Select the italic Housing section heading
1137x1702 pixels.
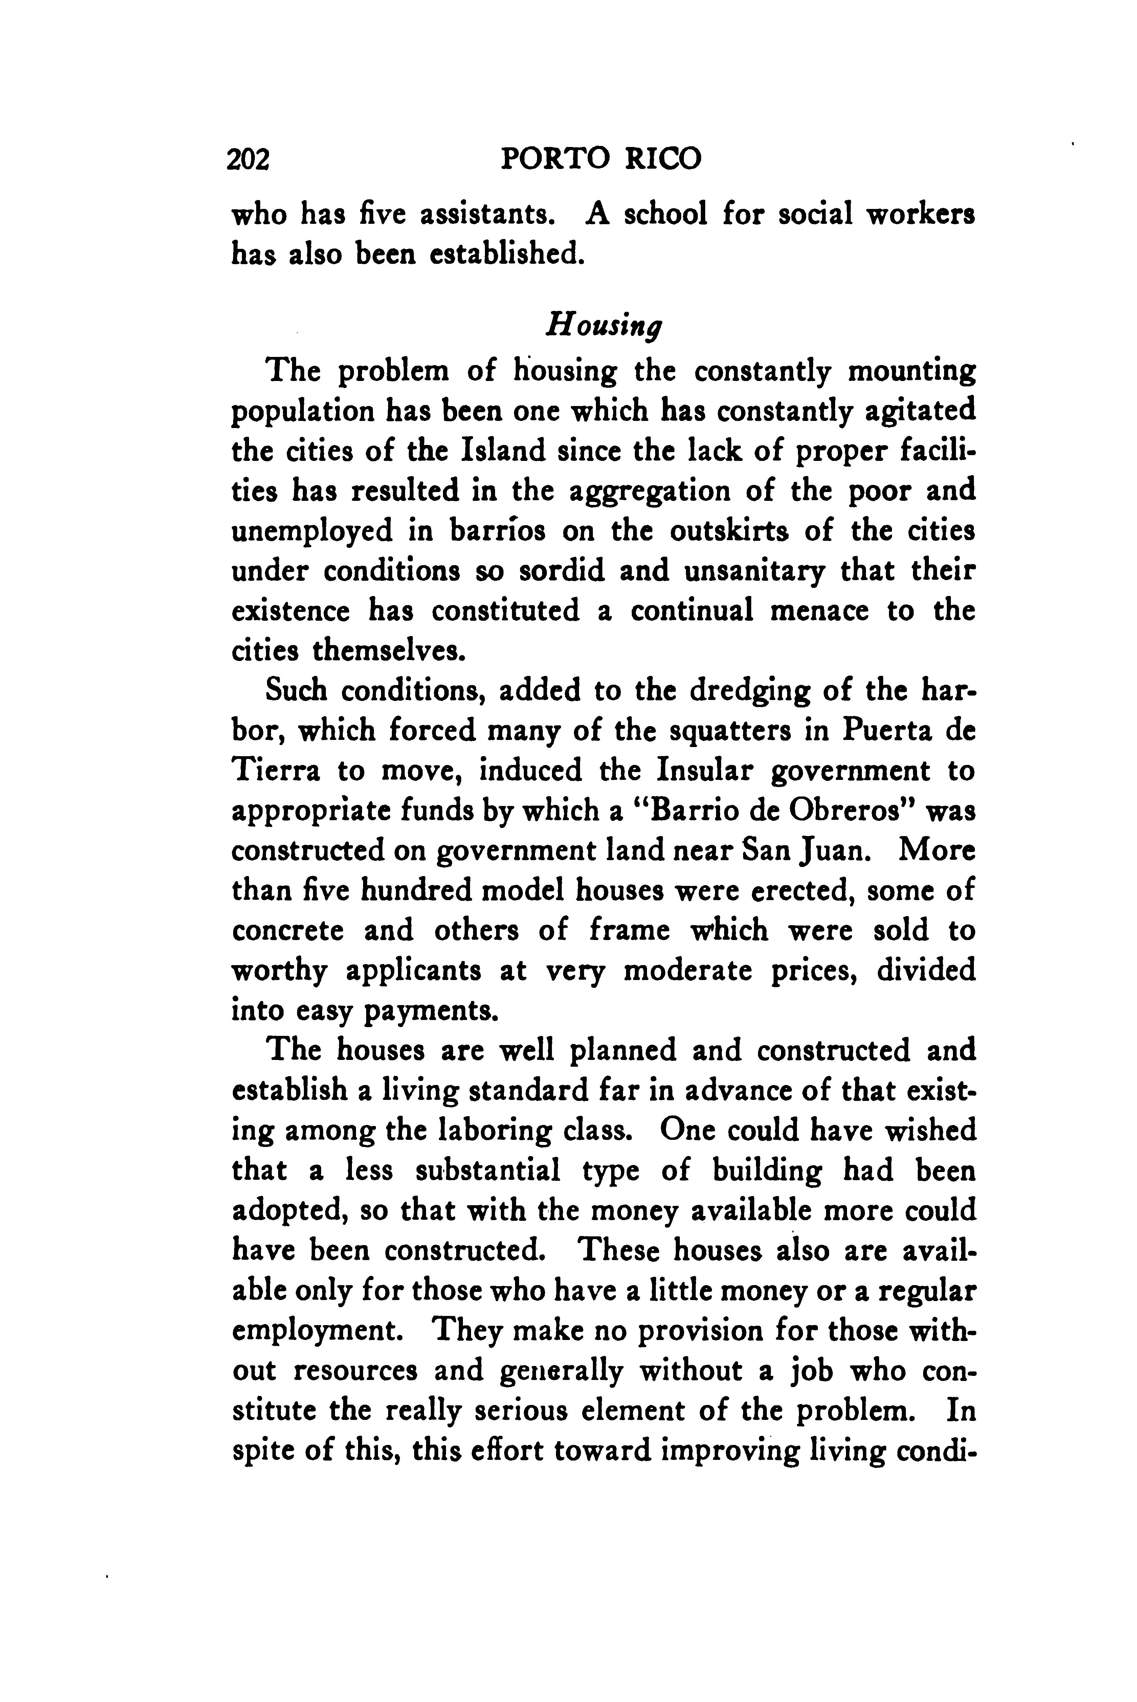(x=604, y=323)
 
